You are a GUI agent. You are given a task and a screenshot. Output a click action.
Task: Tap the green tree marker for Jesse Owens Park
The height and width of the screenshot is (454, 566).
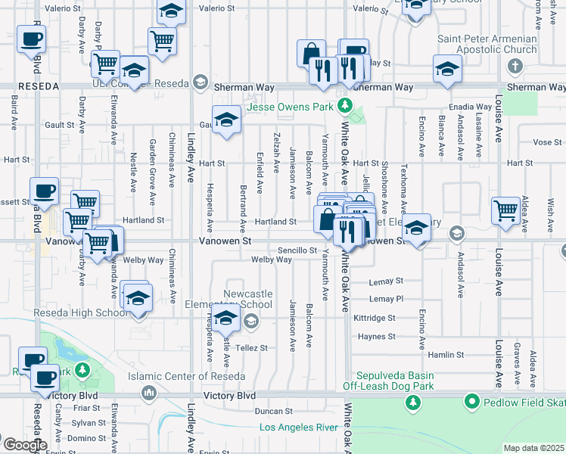(x=345, y=104)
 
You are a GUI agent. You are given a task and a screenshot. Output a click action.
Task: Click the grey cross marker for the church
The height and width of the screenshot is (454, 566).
(x=515, y=65)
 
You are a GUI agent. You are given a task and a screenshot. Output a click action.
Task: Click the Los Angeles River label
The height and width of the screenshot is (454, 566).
(x=298, y=428)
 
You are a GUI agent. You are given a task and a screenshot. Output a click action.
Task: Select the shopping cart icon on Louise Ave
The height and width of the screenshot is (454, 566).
(x=505, y=211)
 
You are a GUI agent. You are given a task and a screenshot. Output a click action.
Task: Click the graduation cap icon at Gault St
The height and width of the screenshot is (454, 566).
(x=225, y=120)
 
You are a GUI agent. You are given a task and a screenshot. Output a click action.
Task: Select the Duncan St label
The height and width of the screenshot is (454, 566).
(x=274, y=412)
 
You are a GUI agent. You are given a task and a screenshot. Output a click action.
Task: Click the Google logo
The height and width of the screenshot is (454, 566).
(x=26, y=444)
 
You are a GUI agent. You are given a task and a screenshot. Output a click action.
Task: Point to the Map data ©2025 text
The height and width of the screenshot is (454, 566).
(x=533, y=448)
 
